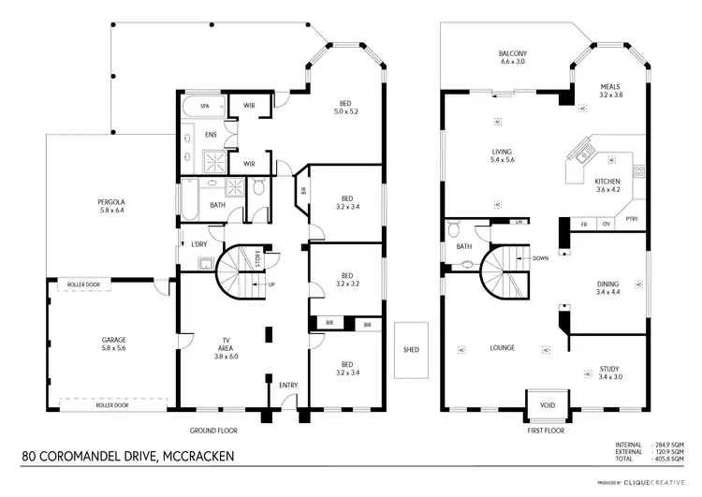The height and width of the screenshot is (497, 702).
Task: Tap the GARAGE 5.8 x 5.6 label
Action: pos(114,344)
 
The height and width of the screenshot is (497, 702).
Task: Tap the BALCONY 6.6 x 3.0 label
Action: pos(512,58)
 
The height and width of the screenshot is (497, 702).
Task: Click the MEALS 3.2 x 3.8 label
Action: pos(610,91)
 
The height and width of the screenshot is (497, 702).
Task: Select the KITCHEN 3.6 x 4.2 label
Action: pos(608,185)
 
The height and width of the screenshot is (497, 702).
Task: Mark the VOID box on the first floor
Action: pos(547,404)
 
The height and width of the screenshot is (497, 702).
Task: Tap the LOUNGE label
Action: pos(502,348)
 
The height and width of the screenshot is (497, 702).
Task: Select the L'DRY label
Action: pos(198,245)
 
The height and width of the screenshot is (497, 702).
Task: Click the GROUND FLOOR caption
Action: pos(214,431)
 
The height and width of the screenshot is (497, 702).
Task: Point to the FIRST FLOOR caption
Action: pos(547,431)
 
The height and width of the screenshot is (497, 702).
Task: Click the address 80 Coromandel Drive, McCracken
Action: pos(127,456)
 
